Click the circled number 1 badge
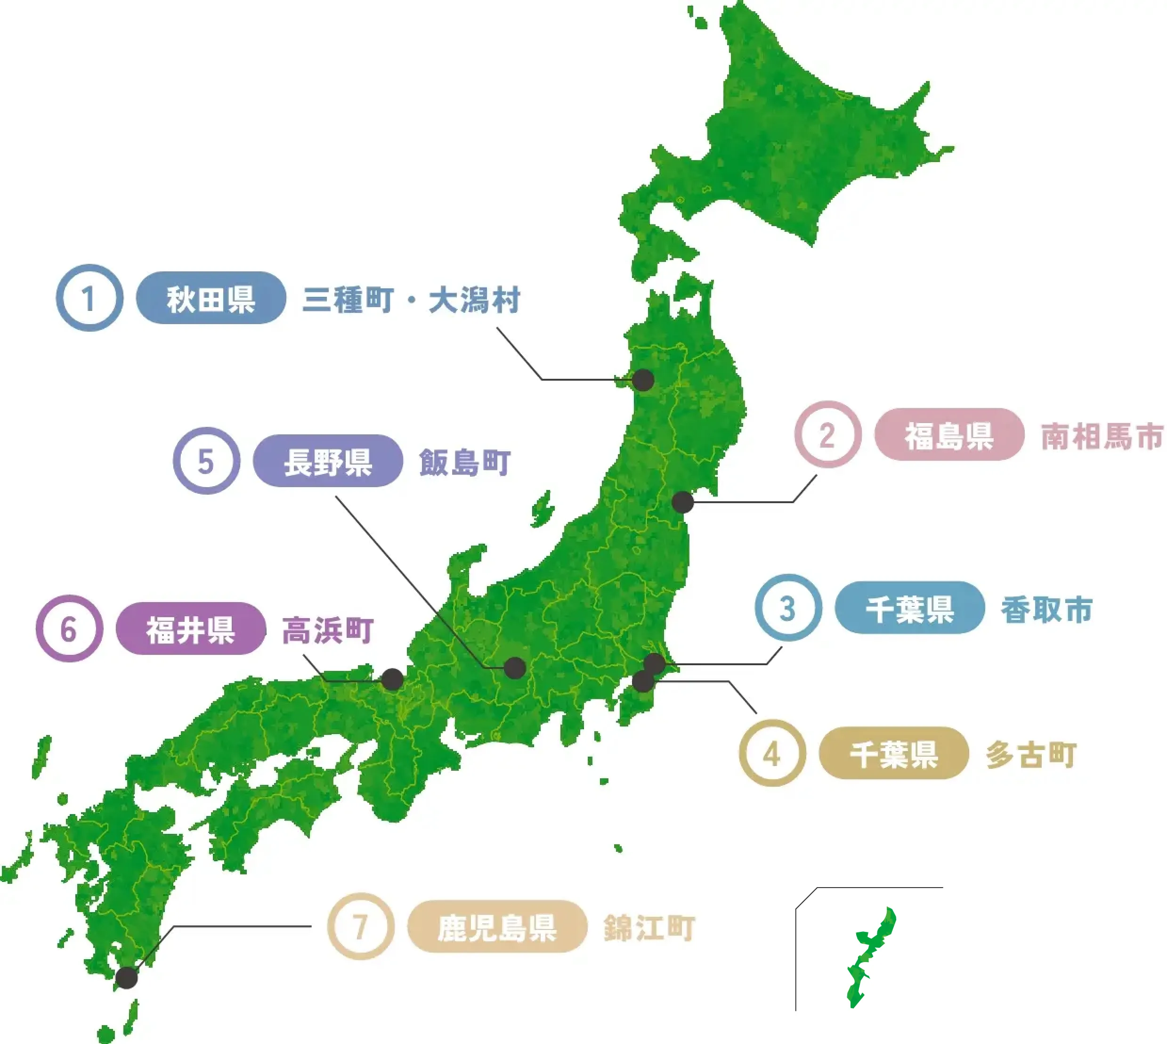tap(89, 298)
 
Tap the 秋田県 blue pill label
tap(211, 298)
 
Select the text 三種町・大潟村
tap(411, 300)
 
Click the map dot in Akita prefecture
tap(643, 380)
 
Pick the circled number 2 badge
tap(827, 435)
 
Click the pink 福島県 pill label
tap(949, 435)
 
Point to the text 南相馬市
tap(1102, 436)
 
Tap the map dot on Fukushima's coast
tap(682, 503)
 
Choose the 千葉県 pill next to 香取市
tap(909, 609)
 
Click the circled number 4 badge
tap(772, 754)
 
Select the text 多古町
tap(1031, 754)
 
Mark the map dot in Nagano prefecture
tap(515, 668)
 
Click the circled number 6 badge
tap(69, 628)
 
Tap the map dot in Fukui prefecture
tap(392, 680)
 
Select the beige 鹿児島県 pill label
tap(497, 926)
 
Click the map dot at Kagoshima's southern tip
tap(127, 978)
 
